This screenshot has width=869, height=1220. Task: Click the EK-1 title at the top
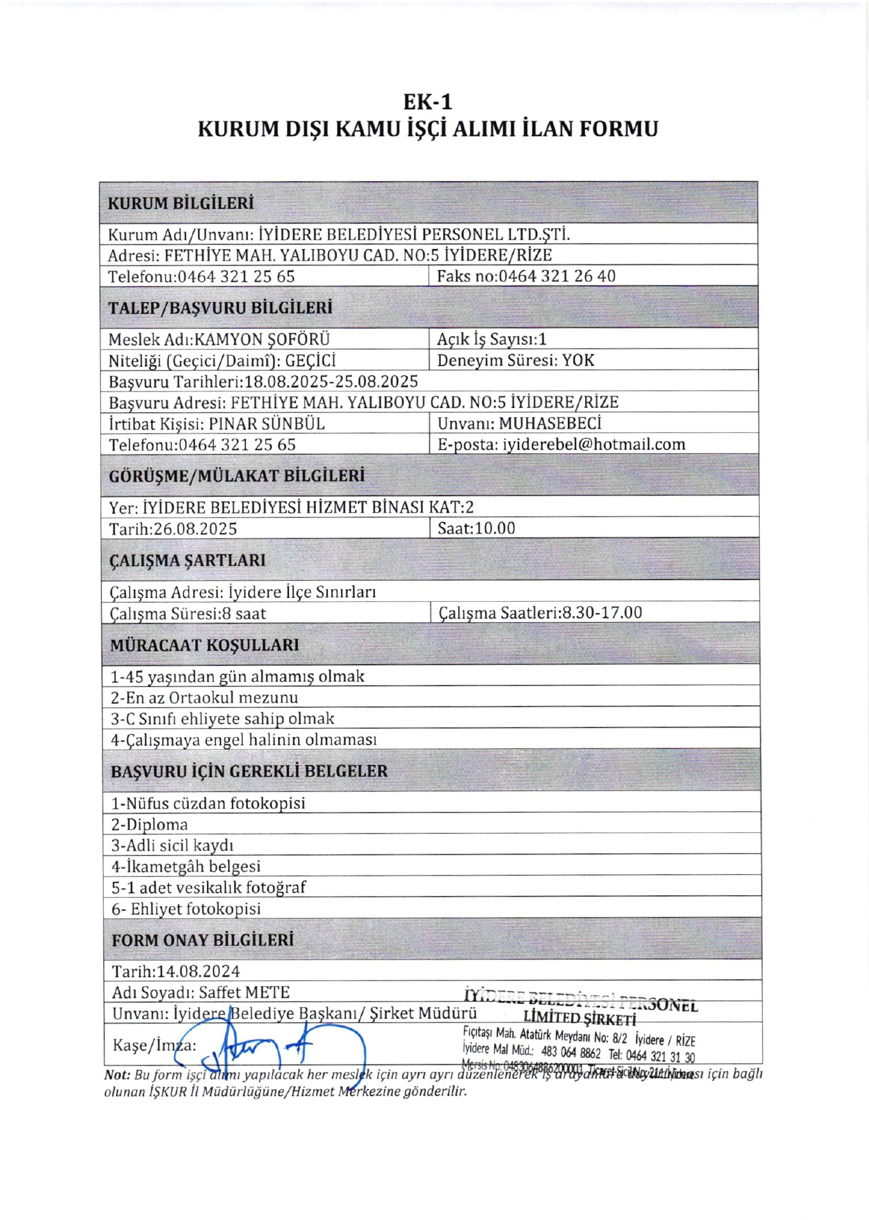point(428,102)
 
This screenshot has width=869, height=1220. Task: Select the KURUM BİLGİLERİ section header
point(180,203)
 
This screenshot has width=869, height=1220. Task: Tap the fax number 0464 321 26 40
point(556,276)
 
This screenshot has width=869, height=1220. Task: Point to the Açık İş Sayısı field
point(491,339)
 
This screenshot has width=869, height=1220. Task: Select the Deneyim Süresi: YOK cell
point(515,360)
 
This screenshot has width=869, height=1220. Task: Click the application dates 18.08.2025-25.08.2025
point(331,381)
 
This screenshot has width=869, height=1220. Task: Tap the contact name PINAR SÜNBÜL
point(267,423)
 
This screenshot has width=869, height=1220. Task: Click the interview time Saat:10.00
point(476,528)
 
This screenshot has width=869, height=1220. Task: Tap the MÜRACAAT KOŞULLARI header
point(205,645)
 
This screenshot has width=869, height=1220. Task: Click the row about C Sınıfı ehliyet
point(222,719)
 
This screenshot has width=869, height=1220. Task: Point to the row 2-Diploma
point(150,825)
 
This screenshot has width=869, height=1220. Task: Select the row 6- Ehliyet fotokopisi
point(186,909)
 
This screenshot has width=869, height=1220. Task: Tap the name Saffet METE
point(244,993)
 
